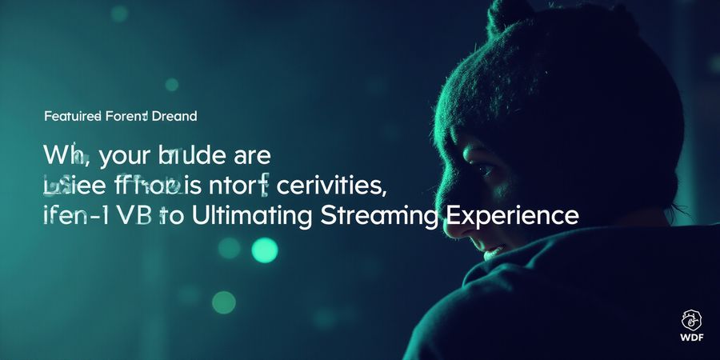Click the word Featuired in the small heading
(x=72, y=117)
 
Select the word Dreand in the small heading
(x=174, y=117)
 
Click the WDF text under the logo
(x=692, y=336)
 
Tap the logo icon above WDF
(x=692, y=319)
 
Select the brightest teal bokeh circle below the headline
(x=264, y=250)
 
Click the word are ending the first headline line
(x=251, y=155)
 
